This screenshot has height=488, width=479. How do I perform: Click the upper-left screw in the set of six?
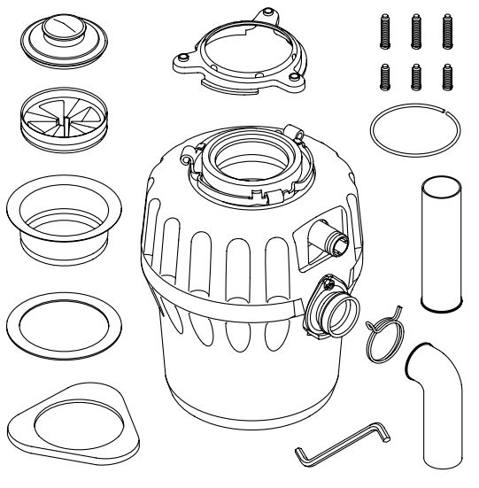tap(387, 34)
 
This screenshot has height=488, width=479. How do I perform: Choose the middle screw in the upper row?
tap(416, 34)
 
